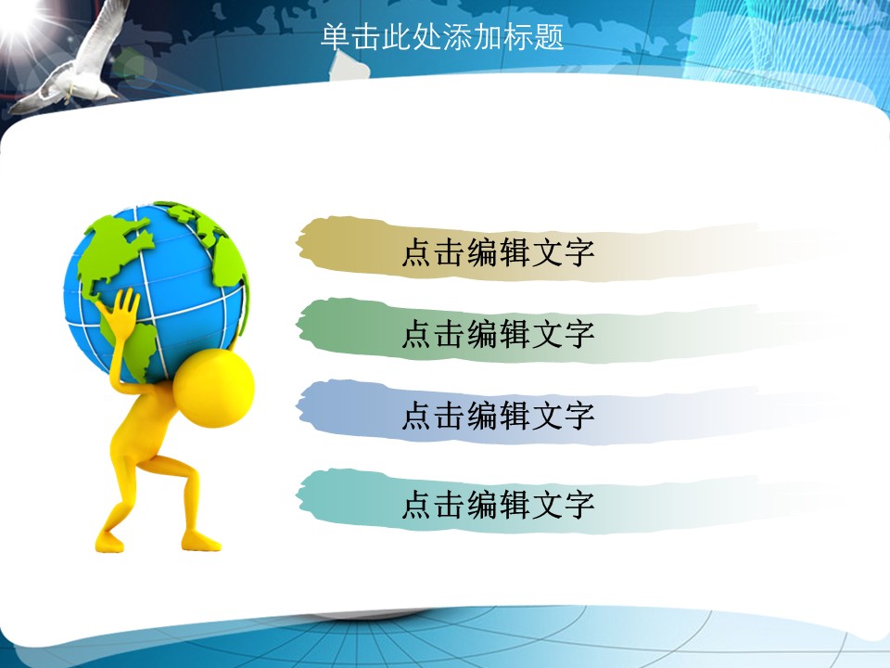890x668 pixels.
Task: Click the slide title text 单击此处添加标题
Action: pyautogui.click(x=442, y=37)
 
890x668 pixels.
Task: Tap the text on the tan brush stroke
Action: pyautogui.click(x=498, y=252)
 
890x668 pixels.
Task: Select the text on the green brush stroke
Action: pyautogui.click(x=498, y=333)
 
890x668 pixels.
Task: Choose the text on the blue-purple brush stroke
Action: pyautogui.click(x=498, y=416)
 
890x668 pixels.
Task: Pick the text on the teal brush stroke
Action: pyautogui.click(x=498, y=504)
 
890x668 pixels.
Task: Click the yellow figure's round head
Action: pyautogui.click(x=213, y=389)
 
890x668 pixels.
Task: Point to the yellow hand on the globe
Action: pyautogui.click(x=121, y=310)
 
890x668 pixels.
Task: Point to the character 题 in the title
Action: pyautogui.click(x=548, y=37)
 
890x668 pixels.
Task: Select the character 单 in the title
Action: pyautogui.click(x=336, y=37)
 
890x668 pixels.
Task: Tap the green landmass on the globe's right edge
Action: pyautogui.click(x=231, y=267)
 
